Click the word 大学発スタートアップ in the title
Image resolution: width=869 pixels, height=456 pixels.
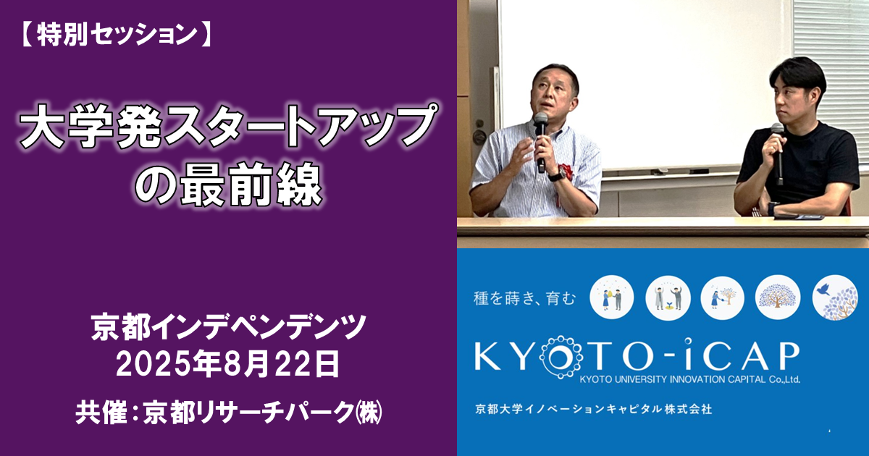[x=229, y=127]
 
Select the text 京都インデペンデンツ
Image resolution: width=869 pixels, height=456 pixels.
[x=229, y=327]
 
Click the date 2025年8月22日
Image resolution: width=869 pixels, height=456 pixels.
[x=228, y=363]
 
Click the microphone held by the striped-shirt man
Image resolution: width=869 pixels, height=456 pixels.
[x=540, y=142]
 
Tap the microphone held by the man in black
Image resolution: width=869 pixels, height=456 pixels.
[x=778, y=153]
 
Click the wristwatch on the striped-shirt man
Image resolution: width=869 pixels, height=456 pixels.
[x=557, y=175]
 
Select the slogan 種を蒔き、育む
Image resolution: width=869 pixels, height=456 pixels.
[x=524, y=298]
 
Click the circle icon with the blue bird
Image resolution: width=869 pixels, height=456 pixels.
[x=835, y=297]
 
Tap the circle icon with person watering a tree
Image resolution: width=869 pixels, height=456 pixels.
[x=722, y=297]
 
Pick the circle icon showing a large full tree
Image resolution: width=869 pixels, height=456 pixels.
[x=778, y=297]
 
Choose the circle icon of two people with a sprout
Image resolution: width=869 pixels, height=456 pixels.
[x=668, y=297]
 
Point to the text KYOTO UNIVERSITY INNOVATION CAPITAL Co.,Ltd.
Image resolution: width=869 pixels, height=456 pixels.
[x=689, y=379]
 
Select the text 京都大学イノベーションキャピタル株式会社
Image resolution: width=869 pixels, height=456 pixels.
[x=594, y=409]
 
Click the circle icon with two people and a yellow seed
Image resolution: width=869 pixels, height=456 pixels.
[x=612, y=297]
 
